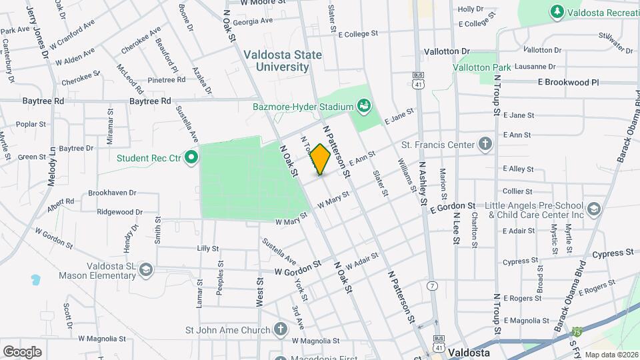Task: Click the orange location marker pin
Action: [320, 159]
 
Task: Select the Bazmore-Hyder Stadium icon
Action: [363, 105]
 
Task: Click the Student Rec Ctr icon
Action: [192, 158]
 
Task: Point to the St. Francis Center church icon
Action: [485, 144]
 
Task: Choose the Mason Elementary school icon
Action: [145, 269]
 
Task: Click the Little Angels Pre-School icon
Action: [594, 211]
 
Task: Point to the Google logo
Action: [22, 351]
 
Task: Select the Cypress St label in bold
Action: [612, 253]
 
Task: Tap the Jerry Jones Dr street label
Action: [38, 29]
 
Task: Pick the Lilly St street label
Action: [208, 248]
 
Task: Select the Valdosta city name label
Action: [469, 351]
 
